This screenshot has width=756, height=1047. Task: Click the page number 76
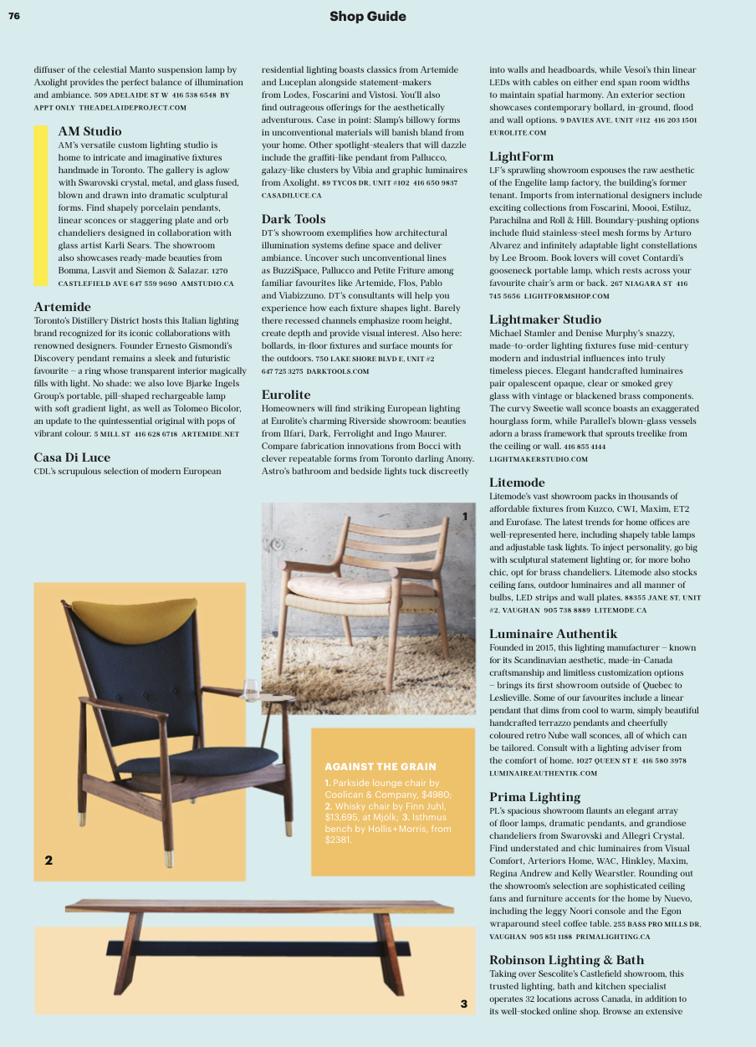pos(14,15)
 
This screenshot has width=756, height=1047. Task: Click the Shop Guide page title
pos(367,16)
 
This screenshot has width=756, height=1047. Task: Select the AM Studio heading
pos(89,131)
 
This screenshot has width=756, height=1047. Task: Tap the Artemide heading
pos(62,307)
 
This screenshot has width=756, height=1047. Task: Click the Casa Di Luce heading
pos(72,457)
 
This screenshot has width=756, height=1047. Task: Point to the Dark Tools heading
pos(294,219)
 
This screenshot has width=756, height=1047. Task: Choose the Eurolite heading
pos(286,395)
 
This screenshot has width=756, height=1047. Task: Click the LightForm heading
pos(521,156)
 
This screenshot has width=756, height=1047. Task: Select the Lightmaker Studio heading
pos(544,319)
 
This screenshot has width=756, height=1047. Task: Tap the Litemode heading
pos(517,483)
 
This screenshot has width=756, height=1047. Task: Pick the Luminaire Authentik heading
pos(553,633)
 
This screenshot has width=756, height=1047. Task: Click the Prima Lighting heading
pos(534,796)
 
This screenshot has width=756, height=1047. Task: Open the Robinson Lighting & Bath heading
pos(566,959)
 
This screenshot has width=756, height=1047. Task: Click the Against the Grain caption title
pos(380,767)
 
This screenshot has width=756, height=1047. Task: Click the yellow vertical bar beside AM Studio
pos(40,206)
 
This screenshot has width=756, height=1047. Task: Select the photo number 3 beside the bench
pos(463,1004)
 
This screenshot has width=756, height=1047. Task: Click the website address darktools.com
pos(338,370)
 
